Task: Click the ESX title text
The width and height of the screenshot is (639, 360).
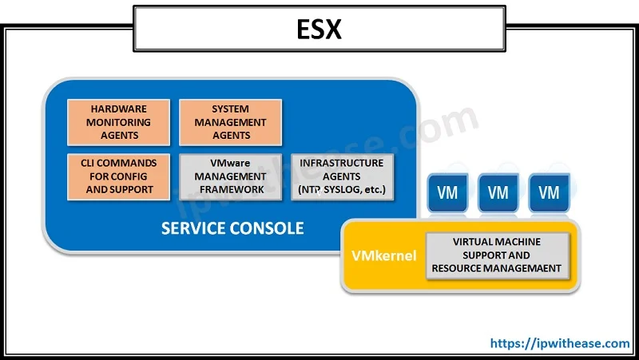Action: [x=319, y=30]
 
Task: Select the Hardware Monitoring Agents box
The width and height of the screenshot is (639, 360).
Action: [x=120, y=122]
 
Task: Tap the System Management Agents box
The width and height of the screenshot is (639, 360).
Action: [x=231, y=122]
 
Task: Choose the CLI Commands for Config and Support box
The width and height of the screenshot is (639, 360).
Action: [x=120, y=176]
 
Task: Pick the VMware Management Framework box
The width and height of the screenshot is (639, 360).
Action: [x=231, y=176]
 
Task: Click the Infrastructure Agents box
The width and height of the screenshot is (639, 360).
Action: [x=342, y=176]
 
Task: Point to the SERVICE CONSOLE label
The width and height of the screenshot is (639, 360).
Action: [x=232, y=228]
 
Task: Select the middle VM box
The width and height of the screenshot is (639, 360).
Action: [x=498, y=192]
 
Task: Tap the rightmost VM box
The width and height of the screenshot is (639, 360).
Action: [x=549, y=192]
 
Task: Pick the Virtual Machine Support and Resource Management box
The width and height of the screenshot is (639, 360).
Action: [x=497, y=255]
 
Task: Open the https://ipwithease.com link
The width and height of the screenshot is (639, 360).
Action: [x=559, y=343]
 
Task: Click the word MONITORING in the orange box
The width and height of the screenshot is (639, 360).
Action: [x=120, y=122]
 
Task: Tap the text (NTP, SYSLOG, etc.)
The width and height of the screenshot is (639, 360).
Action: [x=342, y=189]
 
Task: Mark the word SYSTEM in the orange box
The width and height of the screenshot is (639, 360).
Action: [x=231, y=109]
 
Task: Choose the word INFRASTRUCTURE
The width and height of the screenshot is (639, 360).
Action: [x=342, y=163]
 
